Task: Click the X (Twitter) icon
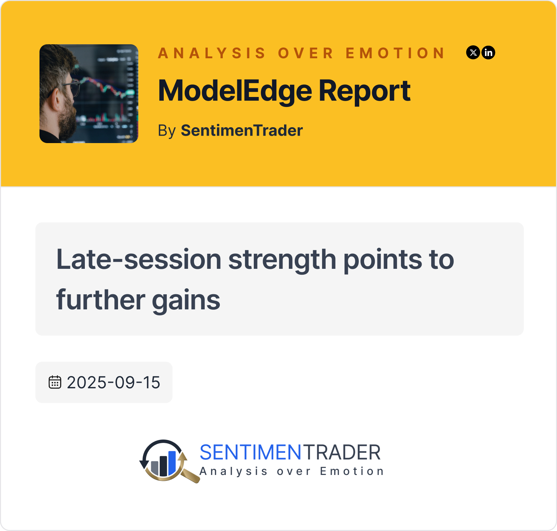coord(473,52)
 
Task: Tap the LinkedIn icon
coord(488,52)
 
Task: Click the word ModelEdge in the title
coord(235,91)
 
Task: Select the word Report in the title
coord(364,91)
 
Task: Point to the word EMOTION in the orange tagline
coord(395,53)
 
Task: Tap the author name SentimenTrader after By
coord(242,131)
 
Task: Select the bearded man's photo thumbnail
coord(89,94)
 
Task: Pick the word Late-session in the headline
coord(139,259)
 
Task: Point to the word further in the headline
coord(101,299)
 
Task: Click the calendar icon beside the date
coord(55,382)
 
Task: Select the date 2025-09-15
coord(113,382)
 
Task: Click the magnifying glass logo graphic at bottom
coord(168,461)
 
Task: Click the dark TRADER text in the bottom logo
coord(342,452)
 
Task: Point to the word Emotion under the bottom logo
coord(352,471)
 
